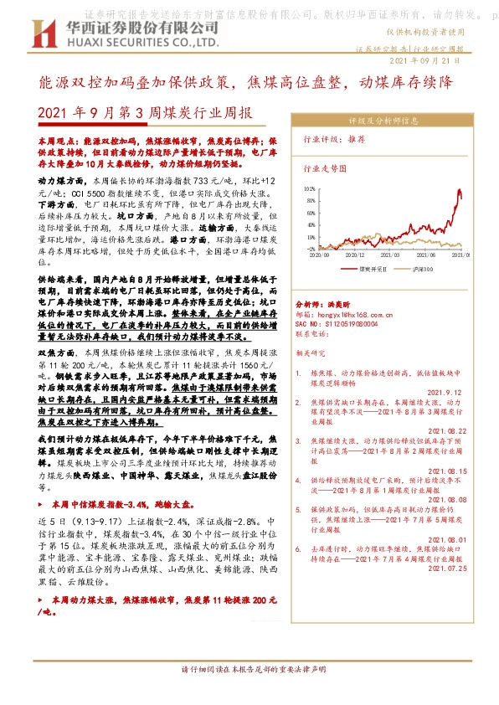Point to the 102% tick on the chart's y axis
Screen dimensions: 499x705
tap(311, 190)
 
